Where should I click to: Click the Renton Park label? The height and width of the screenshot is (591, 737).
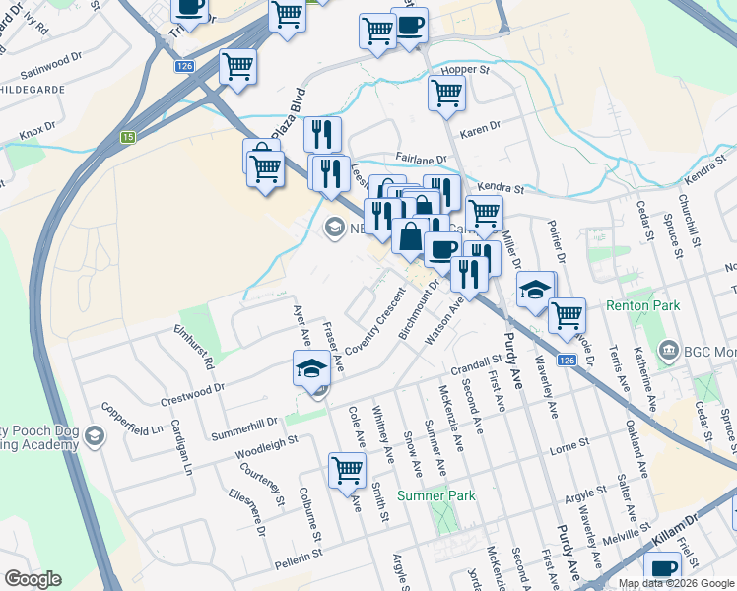644,306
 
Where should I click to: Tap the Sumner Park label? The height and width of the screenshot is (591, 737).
436,495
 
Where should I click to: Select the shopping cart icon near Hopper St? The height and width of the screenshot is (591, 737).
446,94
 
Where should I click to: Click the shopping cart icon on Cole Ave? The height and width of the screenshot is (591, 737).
347,470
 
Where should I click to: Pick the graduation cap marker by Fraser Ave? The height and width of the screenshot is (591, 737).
311,369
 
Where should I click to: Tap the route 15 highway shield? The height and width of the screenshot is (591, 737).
128,137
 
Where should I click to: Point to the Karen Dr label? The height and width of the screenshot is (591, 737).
480,129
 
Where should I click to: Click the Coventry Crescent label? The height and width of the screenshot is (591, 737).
375,324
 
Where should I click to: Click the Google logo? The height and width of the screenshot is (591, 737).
33,579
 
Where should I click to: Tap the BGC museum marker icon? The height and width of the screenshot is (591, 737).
668,350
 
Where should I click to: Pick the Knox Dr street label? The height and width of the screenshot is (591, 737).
38,128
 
